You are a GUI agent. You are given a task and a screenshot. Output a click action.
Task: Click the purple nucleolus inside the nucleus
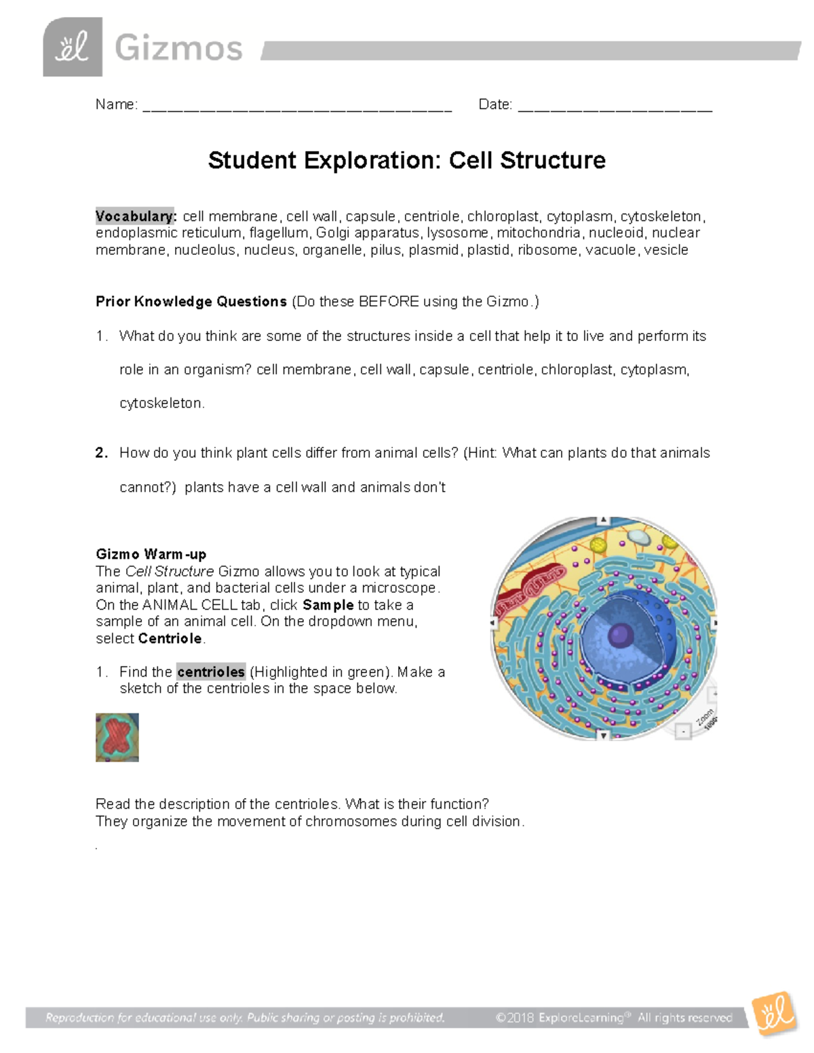pyautogui.click(x=620, y=635)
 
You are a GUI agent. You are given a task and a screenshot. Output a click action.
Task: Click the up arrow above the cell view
pyautogui.click(x=603, y=521)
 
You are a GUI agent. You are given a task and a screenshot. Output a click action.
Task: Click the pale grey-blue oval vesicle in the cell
pyautogui.click(x=638, y=536)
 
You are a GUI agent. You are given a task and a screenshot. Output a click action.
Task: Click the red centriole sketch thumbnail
pyautogui.click(x=117, y=737)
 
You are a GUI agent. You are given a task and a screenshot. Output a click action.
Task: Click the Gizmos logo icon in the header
pyautogui.click(x=73, y=47)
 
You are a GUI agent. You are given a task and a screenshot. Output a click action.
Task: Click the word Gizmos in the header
pyautogui.click(x=178, y=49)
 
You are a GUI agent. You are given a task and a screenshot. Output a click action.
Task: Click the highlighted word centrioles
pyautogui.click(x=210, y=672)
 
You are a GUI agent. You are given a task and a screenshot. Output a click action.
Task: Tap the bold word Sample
pyautogui.click(x=328, y=605)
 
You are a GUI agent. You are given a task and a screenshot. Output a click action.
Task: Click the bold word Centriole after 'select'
pyautogui.click(x=170, y=639)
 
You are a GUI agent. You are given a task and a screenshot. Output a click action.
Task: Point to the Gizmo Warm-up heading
pyautogui.click(x=151, y=554)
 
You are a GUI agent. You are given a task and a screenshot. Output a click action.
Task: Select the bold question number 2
pyautogui.click(x=102, y=453)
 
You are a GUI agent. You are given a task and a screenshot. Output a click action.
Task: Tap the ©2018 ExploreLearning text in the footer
pyautogui.click(x=559, y=1018)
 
